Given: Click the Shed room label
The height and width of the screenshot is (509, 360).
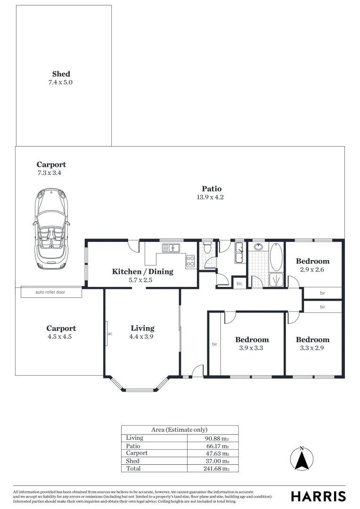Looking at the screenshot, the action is tap(61, 74).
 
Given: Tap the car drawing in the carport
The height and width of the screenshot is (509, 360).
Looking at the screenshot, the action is tap(51, 229).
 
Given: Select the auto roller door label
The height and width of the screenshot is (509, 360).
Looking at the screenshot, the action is tap(50, 292).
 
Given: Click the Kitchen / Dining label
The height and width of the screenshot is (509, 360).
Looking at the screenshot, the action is tap(142, 272).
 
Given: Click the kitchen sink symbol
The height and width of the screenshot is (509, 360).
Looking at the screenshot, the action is tap(171, 248).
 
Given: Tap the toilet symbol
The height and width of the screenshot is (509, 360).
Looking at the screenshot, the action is tap(207, 248).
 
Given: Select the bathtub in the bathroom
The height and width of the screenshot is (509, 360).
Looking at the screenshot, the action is tap(276, 257).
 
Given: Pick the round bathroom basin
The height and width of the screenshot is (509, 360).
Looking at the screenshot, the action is tap(258, 247).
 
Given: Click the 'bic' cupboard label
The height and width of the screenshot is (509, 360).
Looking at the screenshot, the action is tap(239, 283).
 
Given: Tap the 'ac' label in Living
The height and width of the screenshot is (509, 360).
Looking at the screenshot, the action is tap(110, 334).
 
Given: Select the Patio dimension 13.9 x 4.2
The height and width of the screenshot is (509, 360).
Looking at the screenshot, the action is tap(210, 197).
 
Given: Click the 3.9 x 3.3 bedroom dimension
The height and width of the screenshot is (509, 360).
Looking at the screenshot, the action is tap(251, 348).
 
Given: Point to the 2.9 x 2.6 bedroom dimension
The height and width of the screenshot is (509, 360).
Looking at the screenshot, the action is tap(312, 270).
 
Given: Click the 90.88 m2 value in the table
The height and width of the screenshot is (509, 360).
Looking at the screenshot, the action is tap(217, 439).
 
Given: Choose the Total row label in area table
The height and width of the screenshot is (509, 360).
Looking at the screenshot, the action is tap(133, 468).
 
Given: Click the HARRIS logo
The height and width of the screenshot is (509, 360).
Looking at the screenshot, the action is tap(318, 496).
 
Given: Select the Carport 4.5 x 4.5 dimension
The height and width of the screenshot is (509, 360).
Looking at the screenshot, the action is tap(60, 337).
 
